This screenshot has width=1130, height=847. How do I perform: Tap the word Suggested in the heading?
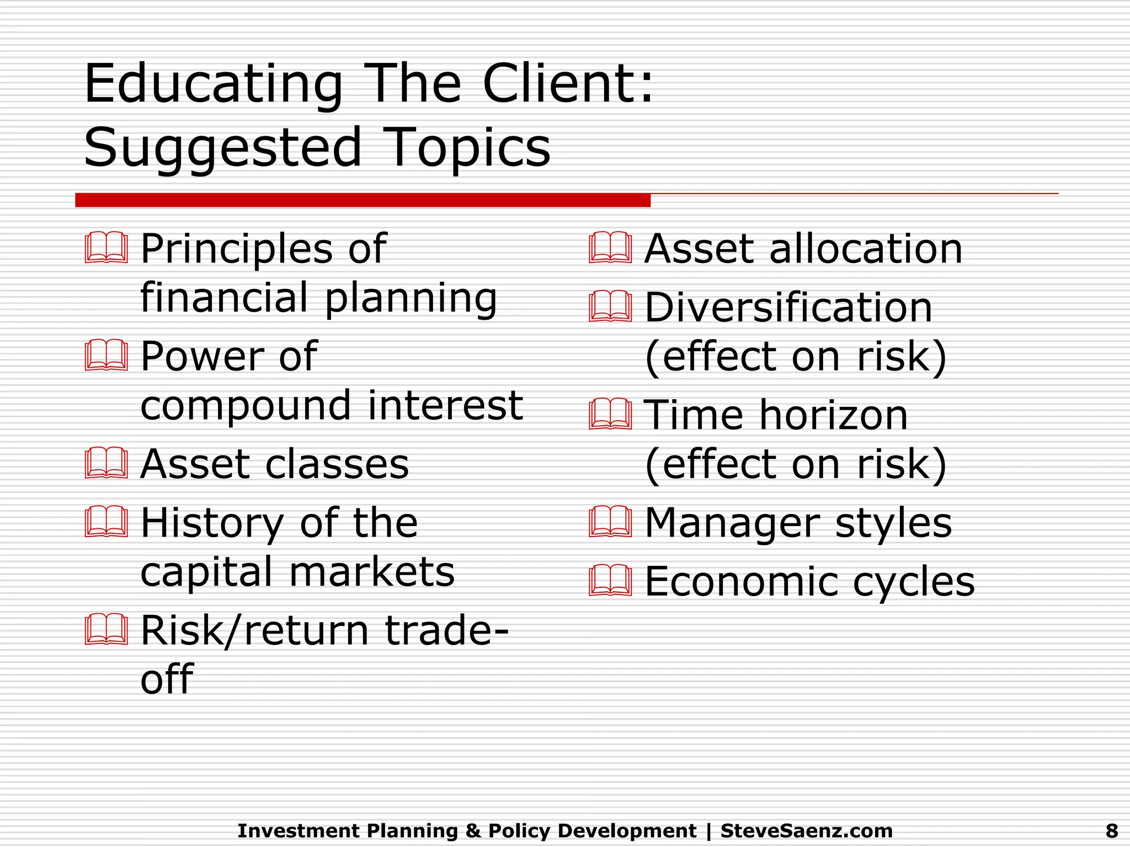[x=222, y=148]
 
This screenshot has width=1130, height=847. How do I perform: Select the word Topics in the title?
[x=466, y=148]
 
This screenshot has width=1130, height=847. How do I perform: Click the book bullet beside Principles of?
[x=106, y=248]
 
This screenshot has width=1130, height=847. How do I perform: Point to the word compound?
[x=246, y=405]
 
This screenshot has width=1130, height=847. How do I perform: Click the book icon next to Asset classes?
[x=106, y=463]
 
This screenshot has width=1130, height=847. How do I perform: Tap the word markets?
[x=372, y=571]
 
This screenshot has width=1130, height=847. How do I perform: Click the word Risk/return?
[x=254, y=630]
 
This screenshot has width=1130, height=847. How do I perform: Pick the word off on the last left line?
[x=167, y=679]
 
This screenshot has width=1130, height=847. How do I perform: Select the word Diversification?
[x=788, y=307]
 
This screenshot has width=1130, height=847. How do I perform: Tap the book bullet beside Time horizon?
[x=610, y=415]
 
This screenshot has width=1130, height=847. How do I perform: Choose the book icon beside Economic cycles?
[x=610, y=581]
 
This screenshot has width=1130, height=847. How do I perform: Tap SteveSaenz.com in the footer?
[x=806, y=830]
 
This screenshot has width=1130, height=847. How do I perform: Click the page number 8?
[x=1112, y=830]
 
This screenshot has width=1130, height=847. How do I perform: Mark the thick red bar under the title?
[x=363, y=200]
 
